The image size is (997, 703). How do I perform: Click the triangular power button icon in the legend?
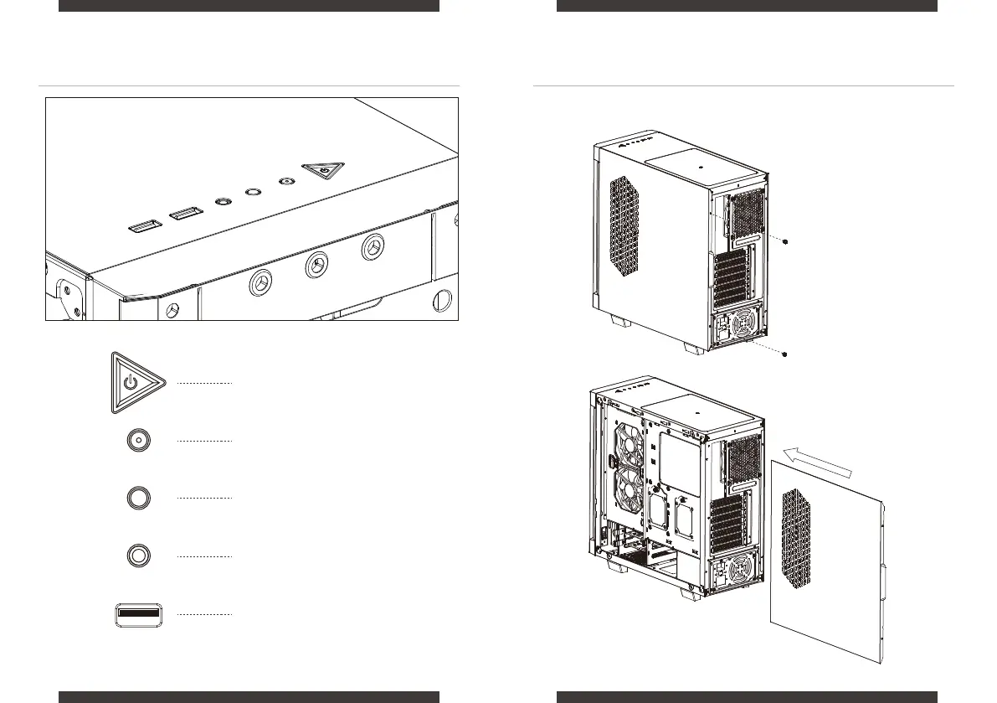pyautogui.click(x=130, y=384)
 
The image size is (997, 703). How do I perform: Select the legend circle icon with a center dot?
pyautogui.click(x=139, y=440)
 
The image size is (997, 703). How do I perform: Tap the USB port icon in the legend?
pyautogui.click(x=141, y=614)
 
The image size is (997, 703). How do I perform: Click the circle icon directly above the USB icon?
pyautogui.click(x=139, y=555)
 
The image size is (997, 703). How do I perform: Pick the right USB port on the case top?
pyautogui.click(x=184, y=215)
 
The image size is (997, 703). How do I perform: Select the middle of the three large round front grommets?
pyautogui.click(x=316, y=266)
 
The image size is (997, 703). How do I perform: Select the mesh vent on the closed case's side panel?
pyautogui.click(x=627, y=227)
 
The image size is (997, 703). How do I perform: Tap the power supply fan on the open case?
pyautogui.click(x=741, y=572)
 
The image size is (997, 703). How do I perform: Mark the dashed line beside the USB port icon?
pyautogui.click(x=203, y=614)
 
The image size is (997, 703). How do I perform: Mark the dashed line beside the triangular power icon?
pyautogui.click(x=203, y=383)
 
